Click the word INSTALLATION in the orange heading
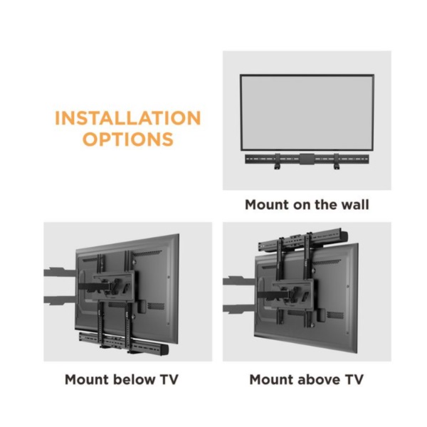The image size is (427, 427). click(127, 118)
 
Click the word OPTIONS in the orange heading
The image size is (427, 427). click(127, 139)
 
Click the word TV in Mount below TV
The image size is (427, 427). click(169, 379)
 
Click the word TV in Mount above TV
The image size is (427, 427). click(354, 379)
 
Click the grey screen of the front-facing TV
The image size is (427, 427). click(307, 112)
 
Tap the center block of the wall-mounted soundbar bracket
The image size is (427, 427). click(307, 159)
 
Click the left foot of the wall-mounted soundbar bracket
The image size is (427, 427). click(278, 167)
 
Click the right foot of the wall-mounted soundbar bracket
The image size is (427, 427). click(337, 167)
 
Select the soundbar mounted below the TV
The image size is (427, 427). click(123, 343)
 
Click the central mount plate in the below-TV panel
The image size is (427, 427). click(114, 286)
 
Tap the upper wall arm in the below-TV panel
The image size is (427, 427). click(59, 273)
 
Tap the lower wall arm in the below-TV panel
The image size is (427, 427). click(59, 300)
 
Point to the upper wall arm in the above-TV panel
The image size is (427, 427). click(238, 281)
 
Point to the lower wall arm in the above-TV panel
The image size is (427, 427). click(238, 309)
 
